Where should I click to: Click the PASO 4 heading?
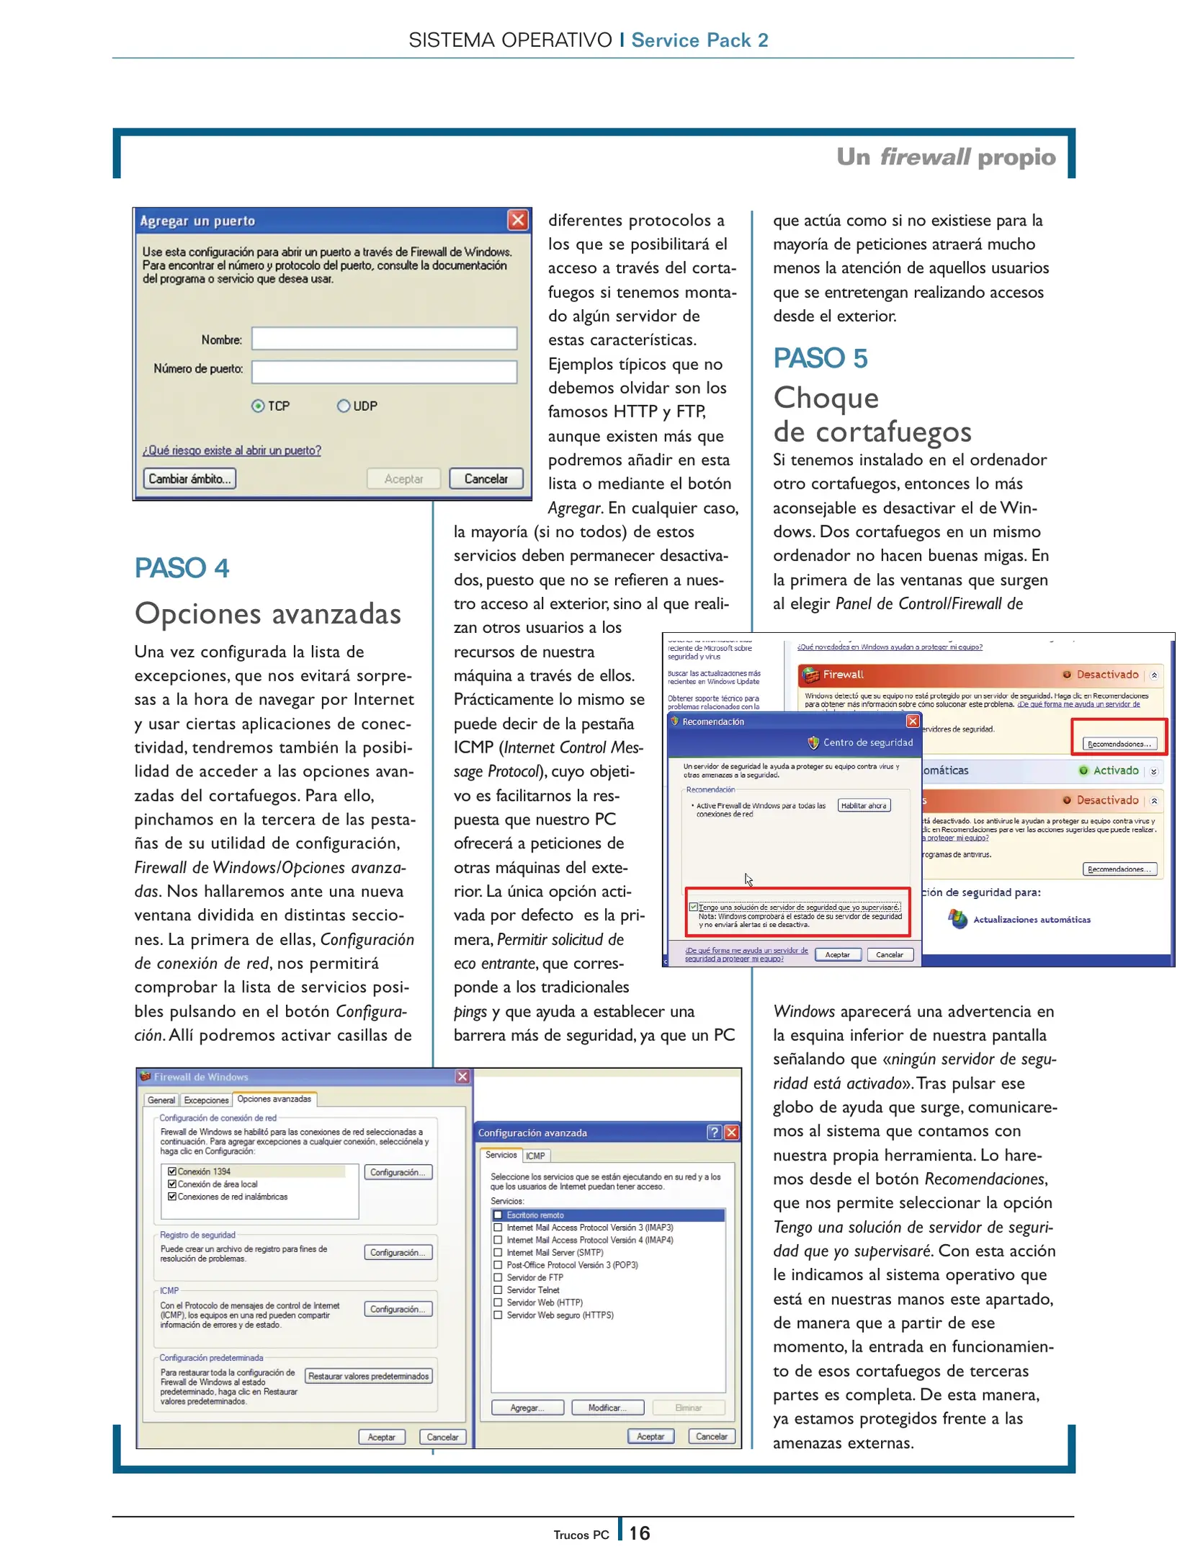[182, 568]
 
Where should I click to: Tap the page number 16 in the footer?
[639, 1532]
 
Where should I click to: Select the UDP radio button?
[344, 406]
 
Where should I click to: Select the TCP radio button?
[258, 406]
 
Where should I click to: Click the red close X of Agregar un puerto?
[517, 220]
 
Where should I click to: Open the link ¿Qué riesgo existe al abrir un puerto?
[231, 451]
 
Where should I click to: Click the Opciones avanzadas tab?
[274, 1099]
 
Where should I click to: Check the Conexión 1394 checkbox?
[172, 1171]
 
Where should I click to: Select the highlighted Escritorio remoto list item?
[535, 1215]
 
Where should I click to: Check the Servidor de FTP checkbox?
[498, 1277]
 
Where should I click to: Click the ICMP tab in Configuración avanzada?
[535, 1155]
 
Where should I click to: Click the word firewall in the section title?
[925, 156]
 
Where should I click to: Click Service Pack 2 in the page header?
[699, 40]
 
